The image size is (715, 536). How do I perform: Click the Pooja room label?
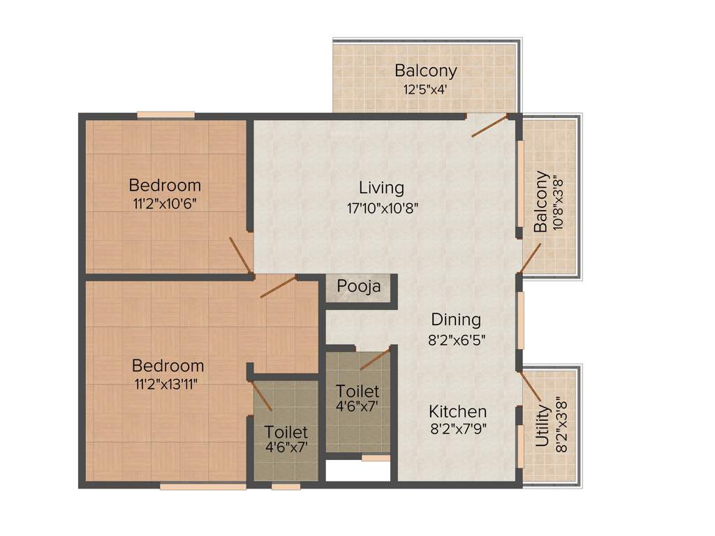tap(359, 286)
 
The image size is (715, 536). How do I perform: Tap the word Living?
tap(381, 188)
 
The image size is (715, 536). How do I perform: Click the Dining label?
tap(456, 320)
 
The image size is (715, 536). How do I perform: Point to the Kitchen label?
tap(458, 411)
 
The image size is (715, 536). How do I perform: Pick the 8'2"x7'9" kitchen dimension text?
tap(458, 429)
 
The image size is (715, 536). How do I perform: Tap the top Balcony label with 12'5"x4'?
tap(425, 70)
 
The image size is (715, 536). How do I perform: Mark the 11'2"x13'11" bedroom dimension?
tap(168, 385)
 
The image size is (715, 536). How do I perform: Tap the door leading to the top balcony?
tap(489, 126)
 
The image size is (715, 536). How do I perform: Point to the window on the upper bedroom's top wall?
tap(165, 115)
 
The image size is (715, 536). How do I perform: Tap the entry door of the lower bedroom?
tap(278, 287)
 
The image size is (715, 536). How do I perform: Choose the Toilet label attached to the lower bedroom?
tap(286, 433)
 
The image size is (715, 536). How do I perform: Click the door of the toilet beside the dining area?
tap(374, 359)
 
